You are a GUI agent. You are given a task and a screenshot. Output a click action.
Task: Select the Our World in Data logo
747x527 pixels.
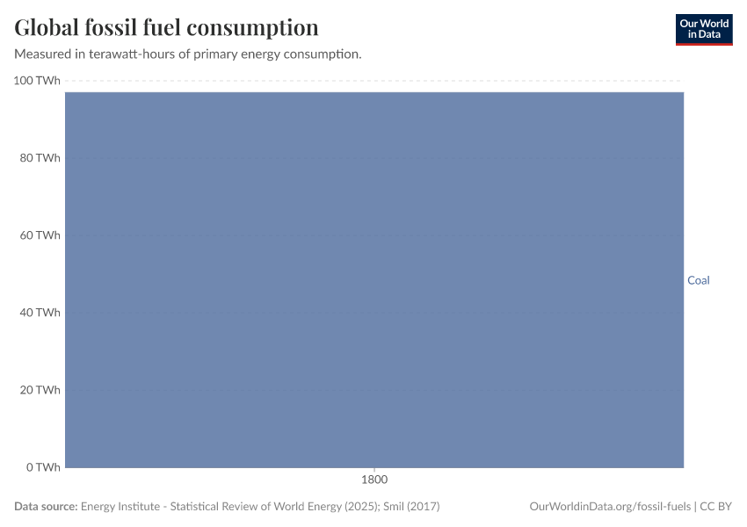click(703, 29)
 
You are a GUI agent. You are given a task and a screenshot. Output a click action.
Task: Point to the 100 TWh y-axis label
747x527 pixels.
click(38, 81)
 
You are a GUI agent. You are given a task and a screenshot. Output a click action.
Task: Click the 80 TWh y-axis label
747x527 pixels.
click(40, 158)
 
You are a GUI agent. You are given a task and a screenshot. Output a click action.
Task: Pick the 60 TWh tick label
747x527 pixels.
click(40, 235)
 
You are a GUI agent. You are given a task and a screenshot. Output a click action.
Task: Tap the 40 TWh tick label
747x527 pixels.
click(40, 313)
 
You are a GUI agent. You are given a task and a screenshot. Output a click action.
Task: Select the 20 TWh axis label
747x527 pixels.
click(40, 390)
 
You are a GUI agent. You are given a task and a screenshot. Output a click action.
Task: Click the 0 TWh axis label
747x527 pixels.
click(43, 467)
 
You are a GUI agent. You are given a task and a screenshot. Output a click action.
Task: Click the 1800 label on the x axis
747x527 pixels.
click(374, 480)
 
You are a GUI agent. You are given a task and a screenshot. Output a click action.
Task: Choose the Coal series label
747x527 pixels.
click(698, 281)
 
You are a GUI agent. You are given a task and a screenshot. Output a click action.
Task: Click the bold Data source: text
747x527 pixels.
click(46, 507)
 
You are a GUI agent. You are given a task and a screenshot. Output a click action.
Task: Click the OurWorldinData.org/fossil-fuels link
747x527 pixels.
click(610, 507)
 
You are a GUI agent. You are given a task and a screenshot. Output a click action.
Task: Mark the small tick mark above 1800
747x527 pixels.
click(374, 470)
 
